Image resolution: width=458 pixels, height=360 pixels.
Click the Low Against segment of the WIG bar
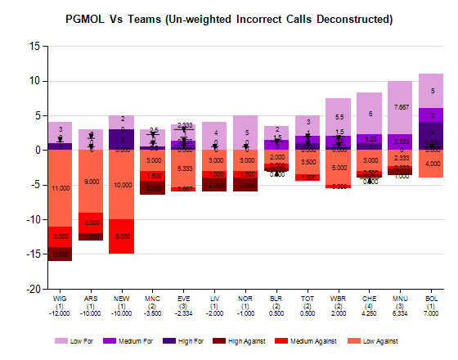60,188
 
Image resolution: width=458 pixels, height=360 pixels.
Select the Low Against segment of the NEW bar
122,184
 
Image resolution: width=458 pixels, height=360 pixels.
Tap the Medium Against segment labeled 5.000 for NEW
122,236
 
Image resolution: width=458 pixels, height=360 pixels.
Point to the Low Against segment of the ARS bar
91,182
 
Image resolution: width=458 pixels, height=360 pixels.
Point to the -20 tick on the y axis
32,289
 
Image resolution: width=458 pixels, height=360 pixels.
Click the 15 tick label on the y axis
34,46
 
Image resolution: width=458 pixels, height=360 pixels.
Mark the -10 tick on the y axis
32,219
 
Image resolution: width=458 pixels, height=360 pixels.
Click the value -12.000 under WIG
60,313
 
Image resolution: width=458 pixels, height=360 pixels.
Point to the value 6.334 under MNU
400,313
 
